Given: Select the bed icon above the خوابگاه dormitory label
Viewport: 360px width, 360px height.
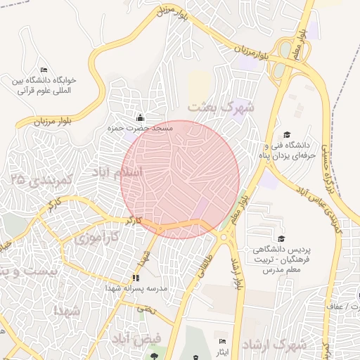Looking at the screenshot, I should (x=44, y=70).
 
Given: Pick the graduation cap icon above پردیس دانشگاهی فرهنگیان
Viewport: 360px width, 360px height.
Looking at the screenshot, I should (x=281, y=240).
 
